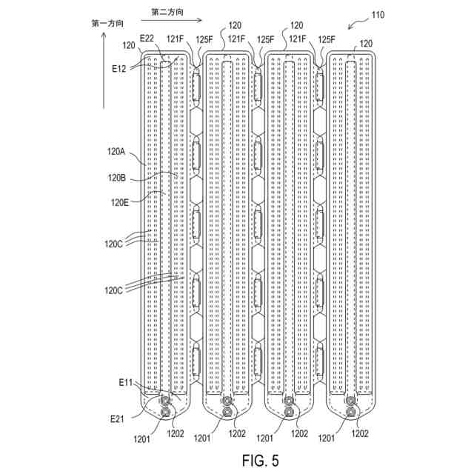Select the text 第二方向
pos(166,13)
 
